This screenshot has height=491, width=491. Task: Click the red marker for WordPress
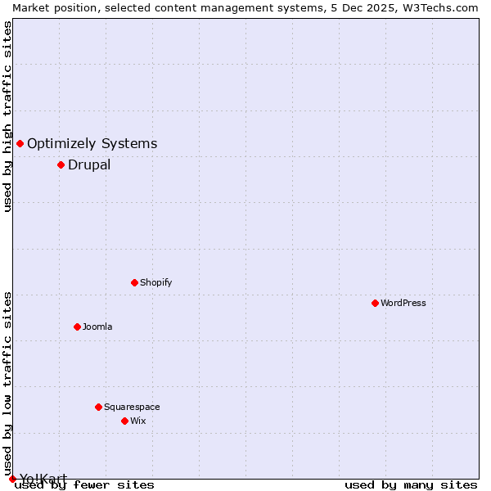pos(375,303)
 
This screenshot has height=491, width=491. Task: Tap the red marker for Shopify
pos(134,282)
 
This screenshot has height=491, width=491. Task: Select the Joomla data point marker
pos(77,327)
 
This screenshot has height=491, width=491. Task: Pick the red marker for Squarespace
pos(98,407)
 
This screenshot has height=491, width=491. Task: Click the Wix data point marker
pos(124,421)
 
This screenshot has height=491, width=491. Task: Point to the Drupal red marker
pos(61,164)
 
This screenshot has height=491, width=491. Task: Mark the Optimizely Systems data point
pos(20,144)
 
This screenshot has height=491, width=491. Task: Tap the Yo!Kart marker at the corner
pos(12,479)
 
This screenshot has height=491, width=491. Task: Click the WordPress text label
pos(403,303)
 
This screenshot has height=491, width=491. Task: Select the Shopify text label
pos(155,282)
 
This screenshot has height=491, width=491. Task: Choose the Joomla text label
pos(97,327)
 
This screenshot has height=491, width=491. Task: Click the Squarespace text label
pos(132,407)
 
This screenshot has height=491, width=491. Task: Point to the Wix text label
pos(138,421)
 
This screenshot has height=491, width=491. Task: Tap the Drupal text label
pos(89,164)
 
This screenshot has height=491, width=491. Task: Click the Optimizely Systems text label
pos(92,144)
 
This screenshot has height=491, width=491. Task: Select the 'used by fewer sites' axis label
pos(85,485)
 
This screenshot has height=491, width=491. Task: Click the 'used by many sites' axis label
pos(411,485)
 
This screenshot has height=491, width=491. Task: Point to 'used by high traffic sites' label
pos(8,116)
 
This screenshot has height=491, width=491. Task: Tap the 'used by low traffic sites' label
pos(8,383)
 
